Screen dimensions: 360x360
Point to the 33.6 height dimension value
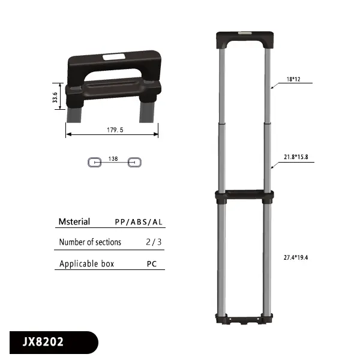point(56,97)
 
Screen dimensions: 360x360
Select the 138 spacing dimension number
point(112,160)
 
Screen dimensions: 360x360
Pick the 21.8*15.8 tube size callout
point(296,157)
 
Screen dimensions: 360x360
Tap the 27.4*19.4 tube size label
point(296,257)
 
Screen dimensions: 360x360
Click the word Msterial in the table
point(74,222)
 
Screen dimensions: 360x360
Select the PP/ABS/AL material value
point(139,222)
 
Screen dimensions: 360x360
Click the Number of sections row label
point(90,242)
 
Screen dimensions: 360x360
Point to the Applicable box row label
point(86,263)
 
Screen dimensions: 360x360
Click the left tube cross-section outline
point(94,162)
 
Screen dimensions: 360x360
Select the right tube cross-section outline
point(135,162)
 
